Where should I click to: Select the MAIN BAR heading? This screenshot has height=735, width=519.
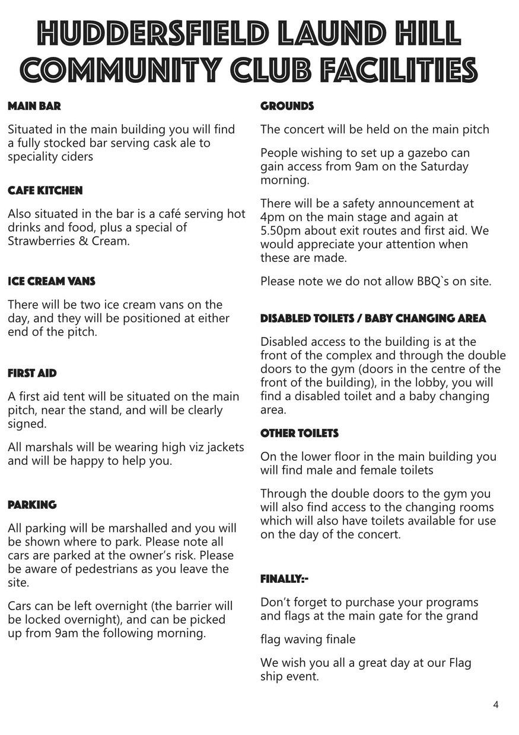point(34,107)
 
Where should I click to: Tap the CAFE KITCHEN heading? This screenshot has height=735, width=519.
point(45,191)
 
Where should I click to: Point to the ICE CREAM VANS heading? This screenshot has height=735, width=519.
point(52,281)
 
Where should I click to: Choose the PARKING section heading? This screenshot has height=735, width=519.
point(32,505)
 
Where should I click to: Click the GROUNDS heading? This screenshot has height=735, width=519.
point(287,107)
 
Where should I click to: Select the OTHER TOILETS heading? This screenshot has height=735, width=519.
point(299,434)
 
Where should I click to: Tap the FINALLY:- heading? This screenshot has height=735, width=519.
point(284,579)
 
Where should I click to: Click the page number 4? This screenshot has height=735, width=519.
point(495,705)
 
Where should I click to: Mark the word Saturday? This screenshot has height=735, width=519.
point(444,166)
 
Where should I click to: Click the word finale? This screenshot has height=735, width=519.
point(337,640)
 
